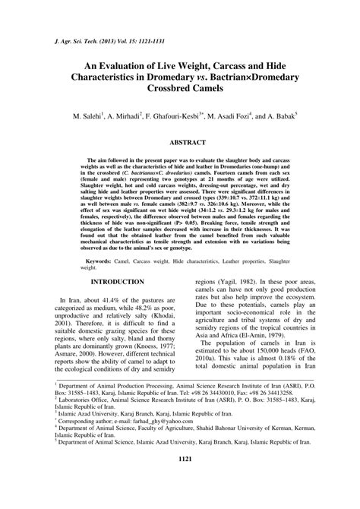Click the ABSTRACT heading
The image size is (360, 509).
pyautogui.click(x=180, y=142)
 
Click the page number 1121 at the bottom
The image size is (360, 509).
pyautogui.click(x=179, y=482)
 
